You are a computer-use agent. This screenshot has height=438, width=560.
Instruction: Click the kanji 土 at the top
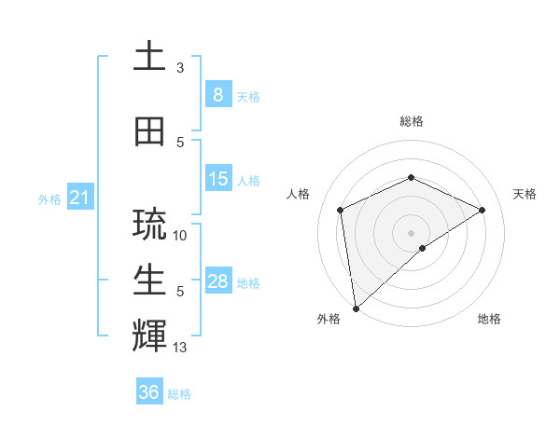coord(149,58)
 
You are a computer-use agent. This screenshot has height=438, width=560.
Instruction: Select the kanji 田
coord(149,132)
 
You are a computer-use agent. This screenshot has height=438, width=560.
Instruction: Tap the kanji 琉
coord(149,224)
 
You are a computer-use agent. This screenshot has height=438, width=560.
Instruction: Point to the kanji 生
coord(149,280)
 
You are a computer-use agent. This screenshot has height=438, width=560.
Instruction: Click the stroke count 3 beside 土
coord(180,68)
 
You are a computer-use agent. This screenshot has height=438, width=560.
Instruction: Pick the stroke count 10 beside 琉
coord(180,236)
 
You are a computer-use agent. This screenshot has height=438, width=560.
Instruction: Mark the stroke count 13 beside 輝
coord(180,348)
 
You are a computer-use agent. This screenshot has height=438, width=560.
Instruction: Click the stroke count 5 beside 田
coord(180,143)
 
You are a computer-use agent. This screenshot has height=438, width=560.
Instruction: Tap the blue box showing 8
coord(217,94)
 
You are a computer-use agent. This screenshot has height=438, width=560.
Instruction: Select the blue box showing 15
coord(217,179)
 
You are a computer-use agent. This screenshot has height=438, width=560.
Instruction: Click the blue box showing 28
coord(217,281)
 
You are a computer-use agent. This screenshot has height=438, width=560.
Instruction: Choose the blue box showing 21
coord(79,198)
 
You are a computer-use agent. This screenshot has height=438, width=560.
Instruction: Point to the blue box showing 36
coord(149,392)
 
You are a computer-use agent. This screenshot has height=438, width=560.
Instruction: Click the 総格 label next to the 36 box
coord(179,394)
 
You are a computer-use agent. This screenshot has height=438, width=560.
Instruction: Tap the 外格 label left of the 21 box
coord(49,199)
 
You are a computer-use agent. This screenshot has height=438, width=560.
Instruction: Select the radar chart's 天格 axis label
coord(525,194)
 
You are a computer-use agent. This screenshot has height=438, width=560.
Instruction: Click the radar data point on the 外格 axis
coord(356,308)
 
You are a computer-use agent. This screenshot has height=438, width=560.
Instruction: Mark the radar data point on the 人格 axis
coord(341,209)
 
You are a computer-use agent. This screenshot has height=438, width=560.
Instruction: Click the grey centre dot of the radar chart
coord(411,232)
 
